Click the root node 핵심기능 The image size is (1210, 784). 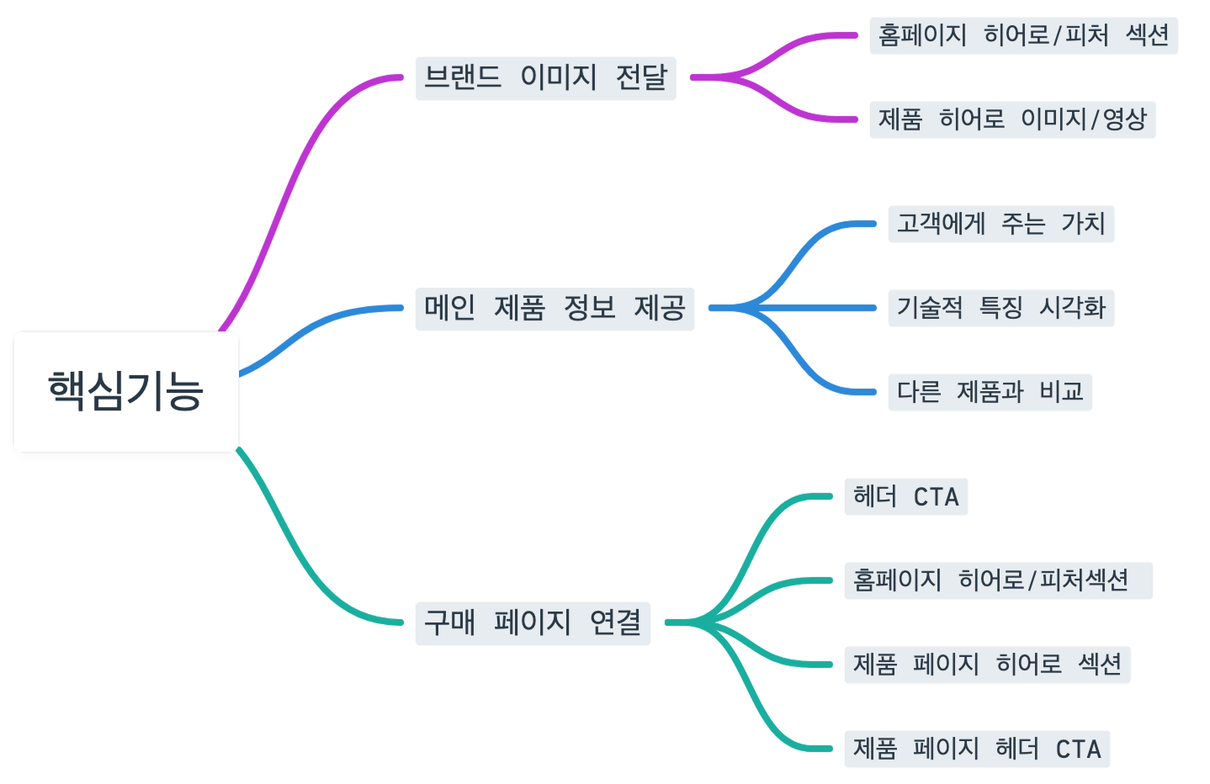pyautogui.click(x=126, y=391)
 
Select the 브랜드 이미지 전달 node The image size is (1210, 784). pyautogui.click(x=545, y=77)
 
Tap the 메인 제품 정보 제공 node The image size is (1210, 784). pyautogui.click(x=555, y=308)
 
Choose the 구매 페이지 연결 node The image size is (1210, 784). pyautogui.click(x=532, y=622)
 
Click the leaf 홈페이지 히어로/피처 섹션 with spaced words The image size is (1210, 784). pyautogui.click(x=1023, y=35)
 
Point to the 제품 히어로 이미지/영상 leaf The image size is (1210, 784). pyautogui.click(x=1012, y=119)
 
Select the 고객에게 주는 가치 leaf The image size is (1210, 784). pyautogui.click(x=1000, y=224)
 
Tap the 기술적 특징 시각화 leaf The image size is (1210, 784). pyautogui.click(x=1000, y=308)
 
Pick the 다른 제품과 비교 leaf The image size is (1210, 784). pyautogui.click(x=990, y=392)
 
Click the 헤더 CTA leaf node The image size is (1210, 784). pyautogui.click(x=905, y=496)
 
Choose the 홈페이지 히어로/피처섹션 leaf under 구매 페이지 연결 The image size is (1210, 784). pyautogui.click(x=998, y=580)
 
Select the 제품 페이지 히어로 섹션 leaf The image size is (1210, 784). pyautogui.click(x=987, y=665)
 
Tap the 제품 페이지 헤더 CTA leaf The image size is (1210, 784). pyautogui.click(x=977, y=749)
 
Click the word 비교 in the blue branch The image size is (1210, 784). pyautogui.click(x=1061, y=392)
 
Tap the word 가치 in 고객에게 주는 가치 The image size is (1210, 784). pyautogui.click(x=1083, y=224)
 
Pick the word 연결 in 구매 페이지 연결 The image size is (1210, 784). pyautogui.click(x=615, y=622)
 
